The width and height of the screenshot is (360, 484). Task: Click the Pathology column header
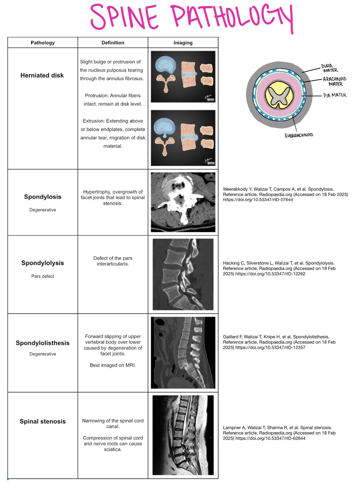(x=42, y=43)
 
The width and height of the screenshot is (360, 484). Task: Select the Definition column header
(x=113, y=43)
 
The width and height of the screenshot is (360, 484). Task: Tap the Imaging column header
(x=183, y=43)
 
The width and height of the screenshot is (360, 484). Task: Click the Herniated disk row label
(x=42, y=75)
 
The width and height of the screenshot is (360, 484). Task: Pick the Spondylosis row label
(x=43, y=197)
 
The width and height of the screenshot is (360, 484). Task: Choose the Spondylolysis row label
(x=43, y=263)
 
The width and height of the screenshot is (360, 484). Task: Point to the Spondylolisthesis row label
(x=43, y=343)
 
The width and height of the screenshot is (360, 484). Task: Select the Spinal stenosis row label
(x=43, y=421)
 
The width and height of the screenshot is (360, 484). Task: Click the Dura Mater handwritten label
(x=329, y=68)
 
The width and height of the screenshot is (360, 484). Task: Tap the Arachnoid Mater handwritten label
(x=335, y=81)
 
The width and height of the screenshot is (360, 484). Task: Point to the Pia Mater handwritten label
(x=335, y=95)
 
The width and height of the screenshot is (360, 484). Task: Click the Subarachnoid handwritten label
(x=299, y=135)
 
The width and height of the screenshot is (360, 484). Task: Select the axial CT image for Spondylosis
(x=183, y=202)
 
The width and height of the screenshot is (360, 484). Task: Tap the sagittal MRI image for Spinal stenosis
(x=183, y=435)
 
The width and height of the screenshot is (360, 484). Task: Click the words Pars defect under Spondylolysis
(x=43, y=276)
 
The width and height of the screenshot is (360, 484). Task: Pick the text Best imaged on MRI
(x=113, y=365)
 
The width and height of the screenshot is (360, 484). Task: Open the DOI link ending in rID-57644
(x=258, y=200)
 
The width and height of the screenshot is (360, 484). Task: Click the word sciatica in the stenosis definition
(x=113, y=449)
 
